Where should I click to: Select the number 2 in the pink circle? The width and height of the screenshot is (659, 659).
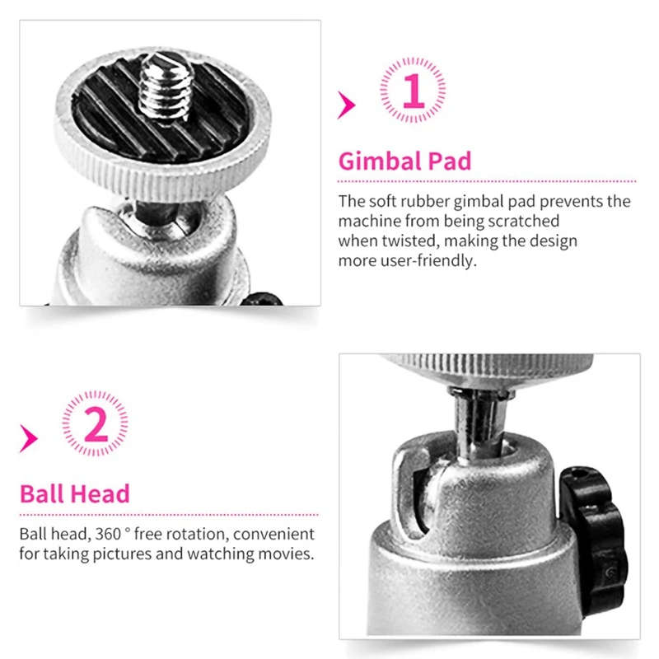point(96,425)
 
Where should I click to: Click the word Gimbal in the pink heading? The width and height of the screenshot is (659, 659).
point(379,160)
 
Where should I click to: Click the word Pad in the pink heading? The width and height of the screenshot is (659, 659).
point(450,160)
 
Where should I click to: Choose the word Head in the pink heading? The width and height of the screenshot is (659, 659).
point(100,494)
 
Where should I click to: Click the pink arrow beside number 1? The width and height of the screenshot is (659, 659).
point(346,105)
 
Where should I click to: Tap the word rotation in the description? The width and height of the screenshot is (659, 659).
point(208,534)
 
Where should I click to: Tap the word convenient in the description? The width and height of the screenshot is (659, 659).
point(278,534)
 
